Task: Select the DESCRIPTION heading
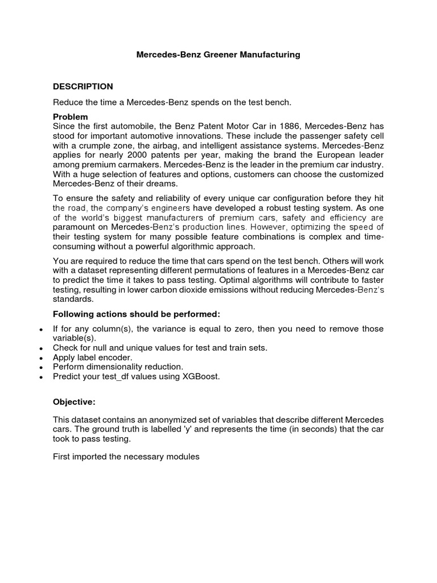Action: [x=83, y=87]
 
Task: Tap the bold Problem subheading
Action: [x=70, y=116]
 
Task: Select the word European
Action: [x=335, y=155]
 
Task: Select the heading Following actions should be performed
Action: [x=136, y=314]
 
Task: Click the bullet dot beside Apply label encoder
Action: [x=42, y=358]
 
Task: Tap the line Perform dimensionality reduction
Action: [x=118, y=367]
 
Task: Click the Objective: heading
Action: [x=74, y=402]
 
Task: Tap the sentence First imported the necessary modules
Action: [x=126, y=457]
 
